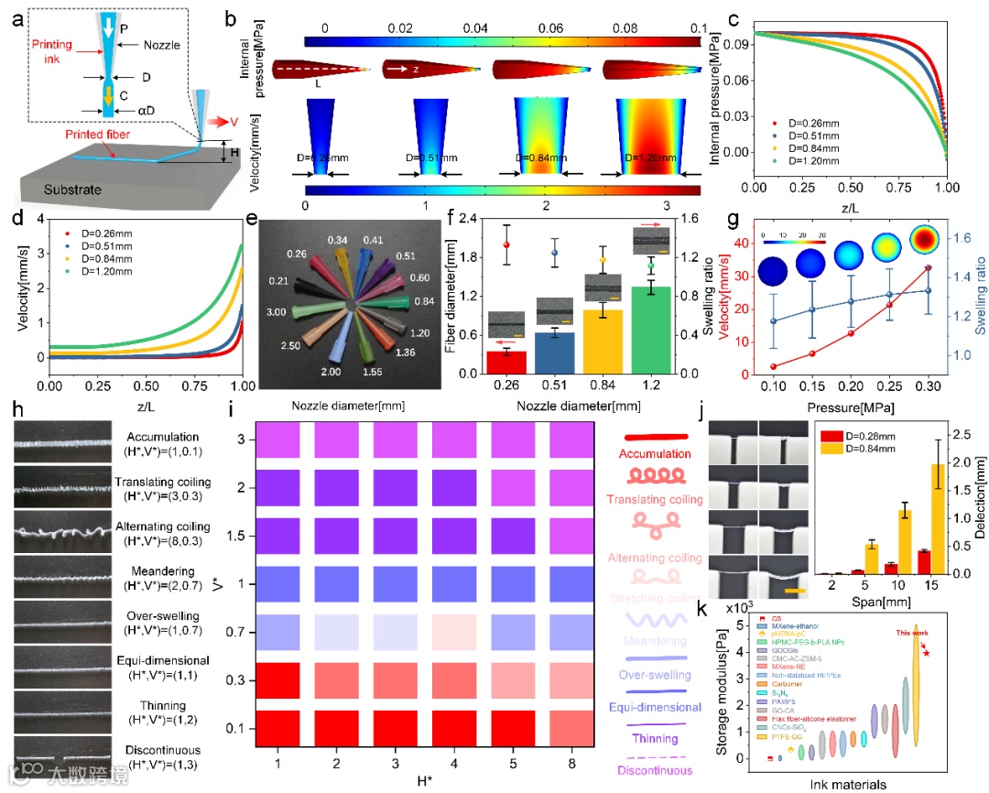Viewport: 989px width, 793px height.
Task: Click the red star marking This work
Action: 928,652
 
